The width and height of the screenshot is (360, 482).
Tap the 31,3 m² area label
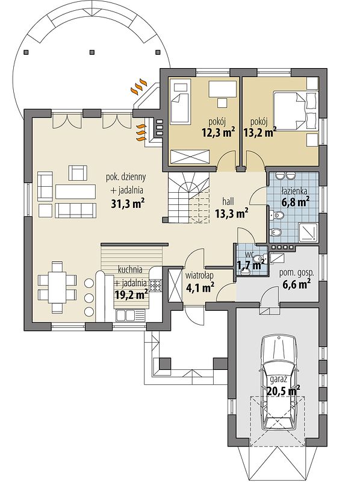coord(128,204)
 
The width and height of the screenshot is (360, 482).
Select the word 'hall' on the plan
coord(228,201)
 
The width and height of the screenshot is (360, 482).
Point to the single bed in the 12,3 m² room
coord(179,102)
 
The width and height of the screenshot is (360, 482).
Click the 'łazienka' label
coord(294,191)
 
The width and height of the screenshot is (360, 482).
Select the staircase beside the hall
coord(188,198)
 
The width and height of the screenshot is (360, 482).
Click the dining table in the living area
coord(57,287)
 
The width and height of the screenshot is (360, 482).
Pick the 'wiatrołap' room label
coord(199,276)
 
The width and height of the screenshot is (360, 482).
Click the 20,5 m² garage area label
coord(284,392)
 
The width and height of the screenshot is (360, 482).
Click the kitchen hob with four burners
coord(155,285)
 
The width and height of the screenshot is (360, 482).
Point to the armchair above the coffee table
coord(78,173)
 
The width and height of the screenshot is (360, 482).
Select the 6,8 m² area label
coord(295,202)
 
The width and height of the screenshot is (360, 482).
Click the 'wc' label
coord(249,255)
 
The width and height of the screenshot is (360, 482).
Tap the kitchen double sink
coord(126,315)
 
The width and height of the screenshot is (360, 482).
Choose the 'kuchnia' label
coord(130,269)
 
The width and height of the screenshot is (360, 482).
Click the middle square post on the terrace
coord(92,52)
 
